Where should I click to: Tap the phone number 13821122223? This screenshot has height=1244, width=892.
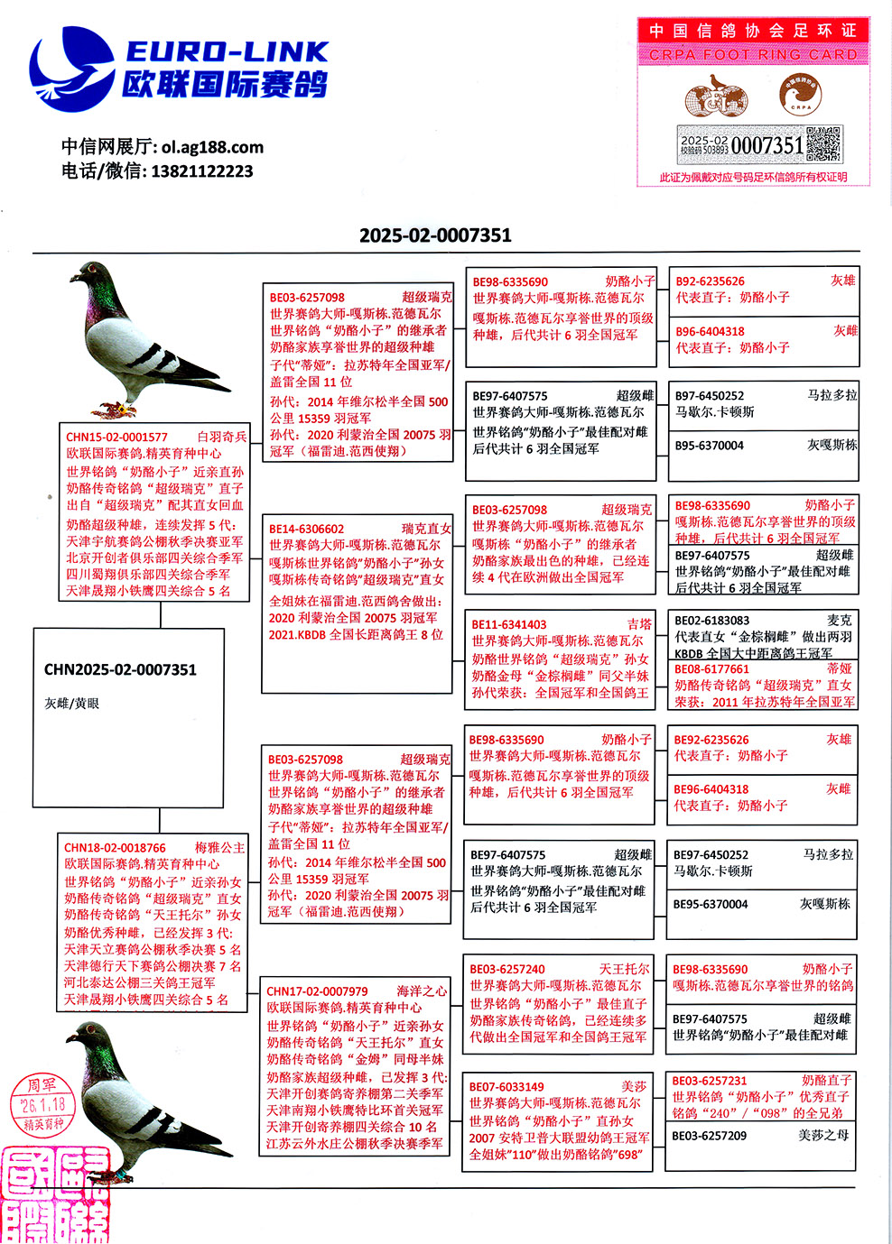[x=202, y=171]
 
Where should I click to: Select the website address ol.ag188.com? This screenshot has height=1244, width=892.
[x=213, y=147]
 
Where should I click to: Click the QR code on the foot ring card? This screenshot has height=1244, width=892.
[x=823, y=144]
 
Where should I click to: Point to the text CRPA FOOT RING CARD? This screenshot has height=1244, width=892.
[x=753, y=55]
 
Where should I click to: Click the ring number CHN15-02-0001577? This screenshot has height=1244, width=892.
[x=116, y=438]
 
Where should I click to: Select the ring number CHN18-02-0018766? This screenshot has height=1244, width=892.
[x=115, y=848]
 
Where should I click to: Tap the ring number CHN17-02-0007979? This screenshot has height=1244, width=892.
[x=317, y=991]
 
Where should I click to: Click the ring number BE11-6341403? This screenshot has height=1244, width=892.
[x=509, y=624]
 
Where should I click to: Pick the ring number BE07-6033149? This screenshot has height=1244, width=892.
[x=506, y=1087]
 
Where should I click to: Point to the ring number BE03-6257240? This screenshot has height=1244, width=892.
[x=507, y=969]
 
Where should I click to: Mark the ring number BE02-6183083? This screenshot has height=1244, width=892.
[x=712, y=621]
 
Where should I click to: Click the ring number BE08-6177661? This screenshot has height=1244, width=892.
[x=712, y=669]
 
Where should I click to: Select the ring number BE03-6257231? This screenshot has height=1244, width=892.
[x=710, y=1081]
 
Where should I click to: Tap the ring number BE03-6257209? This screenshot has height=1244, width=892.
[x=710, y=1136]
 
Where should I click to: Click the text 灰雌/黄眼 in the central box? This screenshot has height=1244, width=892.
[x=72, y=704]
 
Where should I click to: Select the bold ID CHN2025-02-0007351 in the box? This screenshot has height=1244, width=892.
[x=120, y=670]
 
